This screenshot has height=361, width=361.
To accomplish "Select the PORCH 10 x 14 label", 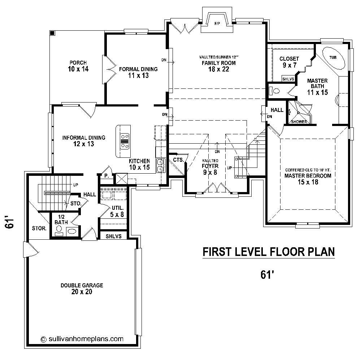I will coord(78,65).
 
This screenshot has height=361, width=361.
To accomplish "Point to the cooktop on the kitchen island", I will coord(125,141).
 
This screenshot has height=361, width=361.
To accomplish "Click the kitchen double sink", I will coord(161,165).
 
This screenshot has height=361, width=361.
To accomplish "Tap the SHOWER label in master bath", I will coord(299,122).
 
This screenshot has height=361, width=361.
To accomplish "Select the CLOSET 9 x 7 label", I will coord(289,62).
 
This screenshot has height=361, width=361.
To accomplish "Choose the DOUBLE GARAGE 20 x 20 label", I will coord(82,288).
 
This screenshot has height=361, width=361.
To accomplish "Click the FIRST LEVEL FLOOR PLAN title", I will coord(268,252).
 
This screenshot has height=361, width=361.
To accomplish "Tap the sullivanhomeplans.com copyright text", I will coord(82,339).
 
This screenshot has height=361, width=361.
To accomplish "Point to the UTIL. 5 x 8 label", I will coord(117,211).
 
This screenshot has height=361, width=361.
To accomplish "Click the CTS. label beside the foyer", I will coord(179,160).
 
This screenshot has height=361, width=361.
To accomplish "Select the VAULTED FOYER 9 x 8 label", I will coord(210,166).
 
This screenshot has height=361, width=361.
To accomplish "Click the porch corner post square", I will coord(52,33).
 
